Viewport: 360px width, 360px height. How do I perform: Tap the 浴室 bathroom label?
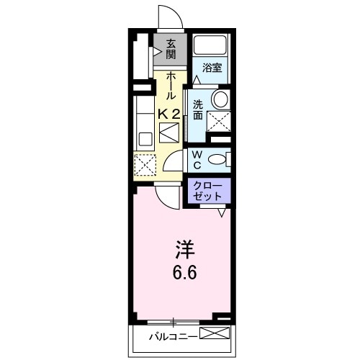(x=211, y=68)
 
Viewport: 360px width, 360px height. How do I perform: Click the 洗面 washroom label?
(x=197, y=109)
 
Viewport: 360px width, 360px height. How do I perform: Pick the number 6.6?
(x=183, y=274)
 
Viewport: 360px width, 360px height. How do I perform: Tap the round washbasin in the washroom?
(x=220, y=99)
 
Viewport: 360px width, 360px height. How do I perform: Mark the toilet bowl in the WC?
(x=225, y=158)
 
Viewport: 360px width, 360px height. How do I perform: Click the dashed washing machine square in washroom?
(x=219, y=122)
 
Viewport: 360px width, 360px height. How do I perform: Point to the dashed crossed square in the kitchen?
(x=143, y=165)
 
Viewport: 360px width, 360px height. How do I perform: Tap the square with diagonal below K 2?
(x=169, y=134)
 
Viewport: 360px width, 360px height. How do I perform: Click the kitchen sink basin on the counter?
(x=142, y=136)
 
